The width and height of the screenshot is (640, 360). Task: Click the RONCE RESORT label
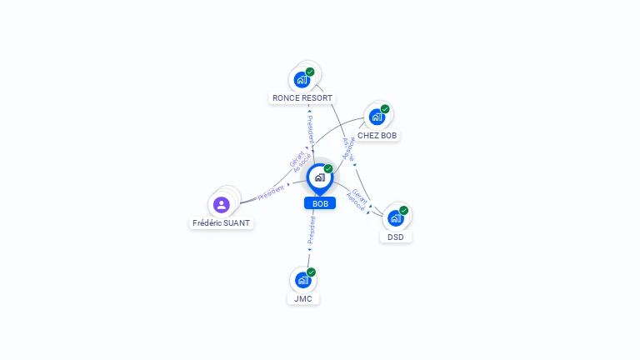pyautogui.click(x=302, y=98)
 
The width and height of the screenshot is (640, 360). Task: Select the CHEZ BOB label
pyautogui.click(x=377, y=135)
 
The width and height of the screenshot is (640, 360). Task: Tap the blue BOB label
pyautogui.click(x=320, y=203)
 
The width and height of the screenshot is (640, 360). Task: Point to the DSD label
pyautogui.click(x=396, y=237)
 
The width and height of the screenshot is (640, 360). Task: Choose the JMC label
pyautogui.click(x=302, y=298)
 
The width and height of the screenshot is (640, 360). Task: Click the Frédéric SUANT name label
pyautogui.click(x=222, y=223)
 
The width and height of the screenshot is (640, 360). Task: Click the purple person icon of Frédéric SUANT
pyautogui.click(x=221, y=204)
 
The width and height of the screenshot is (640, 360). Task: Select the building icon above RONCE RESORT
pyautogui.click(x=302, y=80)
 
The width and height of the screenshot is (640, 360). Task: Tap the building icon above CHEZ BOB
pyautogui.click(x=377, y=117)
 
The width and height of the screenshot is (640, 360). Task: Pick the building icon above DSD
pyautogui.click(x=395, y=218)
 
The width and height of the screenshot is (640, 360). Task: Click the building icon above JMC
pyautogui.click(x=302, y=280)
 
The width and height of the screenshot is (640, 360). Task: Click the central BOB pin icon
pyautogui.click(x=319, y=177)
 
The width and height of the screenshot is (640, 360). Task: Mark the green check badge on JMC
pyautogui.click(x=312, y=272)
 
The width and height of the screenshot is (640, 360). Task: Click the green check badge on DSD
pyautogui.click(x=404, y=210)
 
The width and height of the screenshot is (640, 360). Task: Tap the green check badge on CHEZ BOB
pyautogui.click(x=385, y=108)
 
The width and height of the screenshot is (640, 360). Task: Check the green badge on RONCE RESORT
pyautogui.click(x=310, y=72)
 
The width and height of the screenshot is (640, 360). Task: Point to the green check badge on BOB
pyautogui.click(x=328, y=168)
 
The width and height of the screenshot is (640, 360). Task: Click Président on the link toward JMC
pyautogui.click(x=312, y=231)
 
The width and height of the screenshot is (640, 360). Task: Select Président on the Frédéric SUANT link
pyautogui.click(x=271, y=193)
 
